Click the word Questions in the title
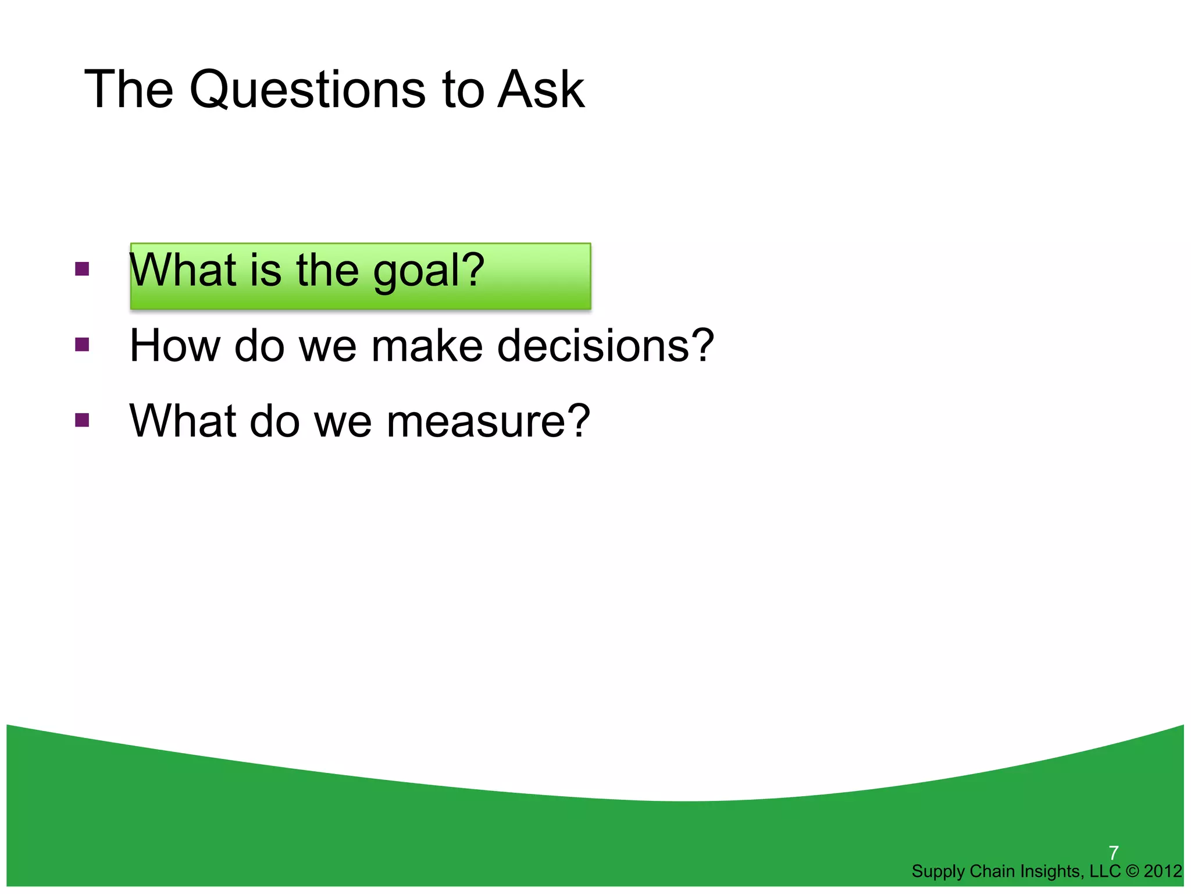308,90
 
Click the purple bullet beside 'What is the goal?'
82,269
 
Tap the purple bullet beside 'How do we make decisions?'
82,345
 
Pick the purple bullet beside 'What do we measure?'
82,420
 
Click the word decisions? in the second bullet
605,346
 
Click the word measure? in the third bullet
488,421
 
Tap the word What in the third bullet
182,421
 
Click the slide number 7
1114,853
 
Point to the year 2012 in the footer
1163,871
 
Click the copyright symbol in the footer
1132,871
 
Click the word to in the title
463,90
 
